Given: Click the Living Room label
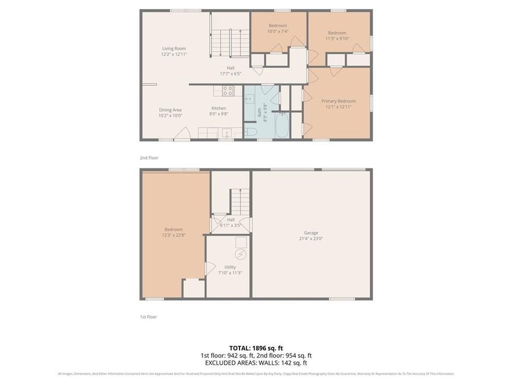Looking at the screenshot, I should click(174, 49).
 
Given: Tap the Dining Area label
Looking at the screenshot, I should click(170, 110).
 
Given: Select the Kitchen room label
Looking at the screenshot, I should click(219, 108).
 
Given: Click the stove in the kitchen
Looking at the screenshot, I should click(228, 90).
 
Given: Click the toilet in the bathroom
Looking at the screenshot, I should click(251, 132).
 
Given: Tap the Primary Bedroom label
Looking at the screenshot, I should click(338, 101).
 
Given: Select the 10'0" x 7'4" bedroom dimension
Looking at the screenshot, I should click(278, 31).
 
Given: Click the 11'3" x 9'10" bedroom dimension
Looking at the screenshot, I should click(337, 39).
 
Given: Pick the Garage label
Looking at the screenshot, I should click(311, 233).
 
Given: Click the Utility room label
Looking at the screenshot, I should click(230, 267).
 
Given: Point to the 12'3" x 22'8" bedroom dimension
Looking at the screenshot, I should click(174, 235).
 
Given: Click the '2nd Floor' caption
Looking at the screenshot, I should click(149, 158).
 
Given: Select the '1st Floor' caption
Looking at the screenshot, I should click(148, 316).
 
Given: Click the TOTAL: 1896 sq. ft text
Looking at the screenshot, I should click(255, 348).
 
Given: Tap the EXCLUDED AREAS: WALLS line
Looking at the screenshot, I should click(255, 362).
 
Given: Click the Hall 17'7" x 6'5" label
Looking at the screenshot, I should click(230, 71).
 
